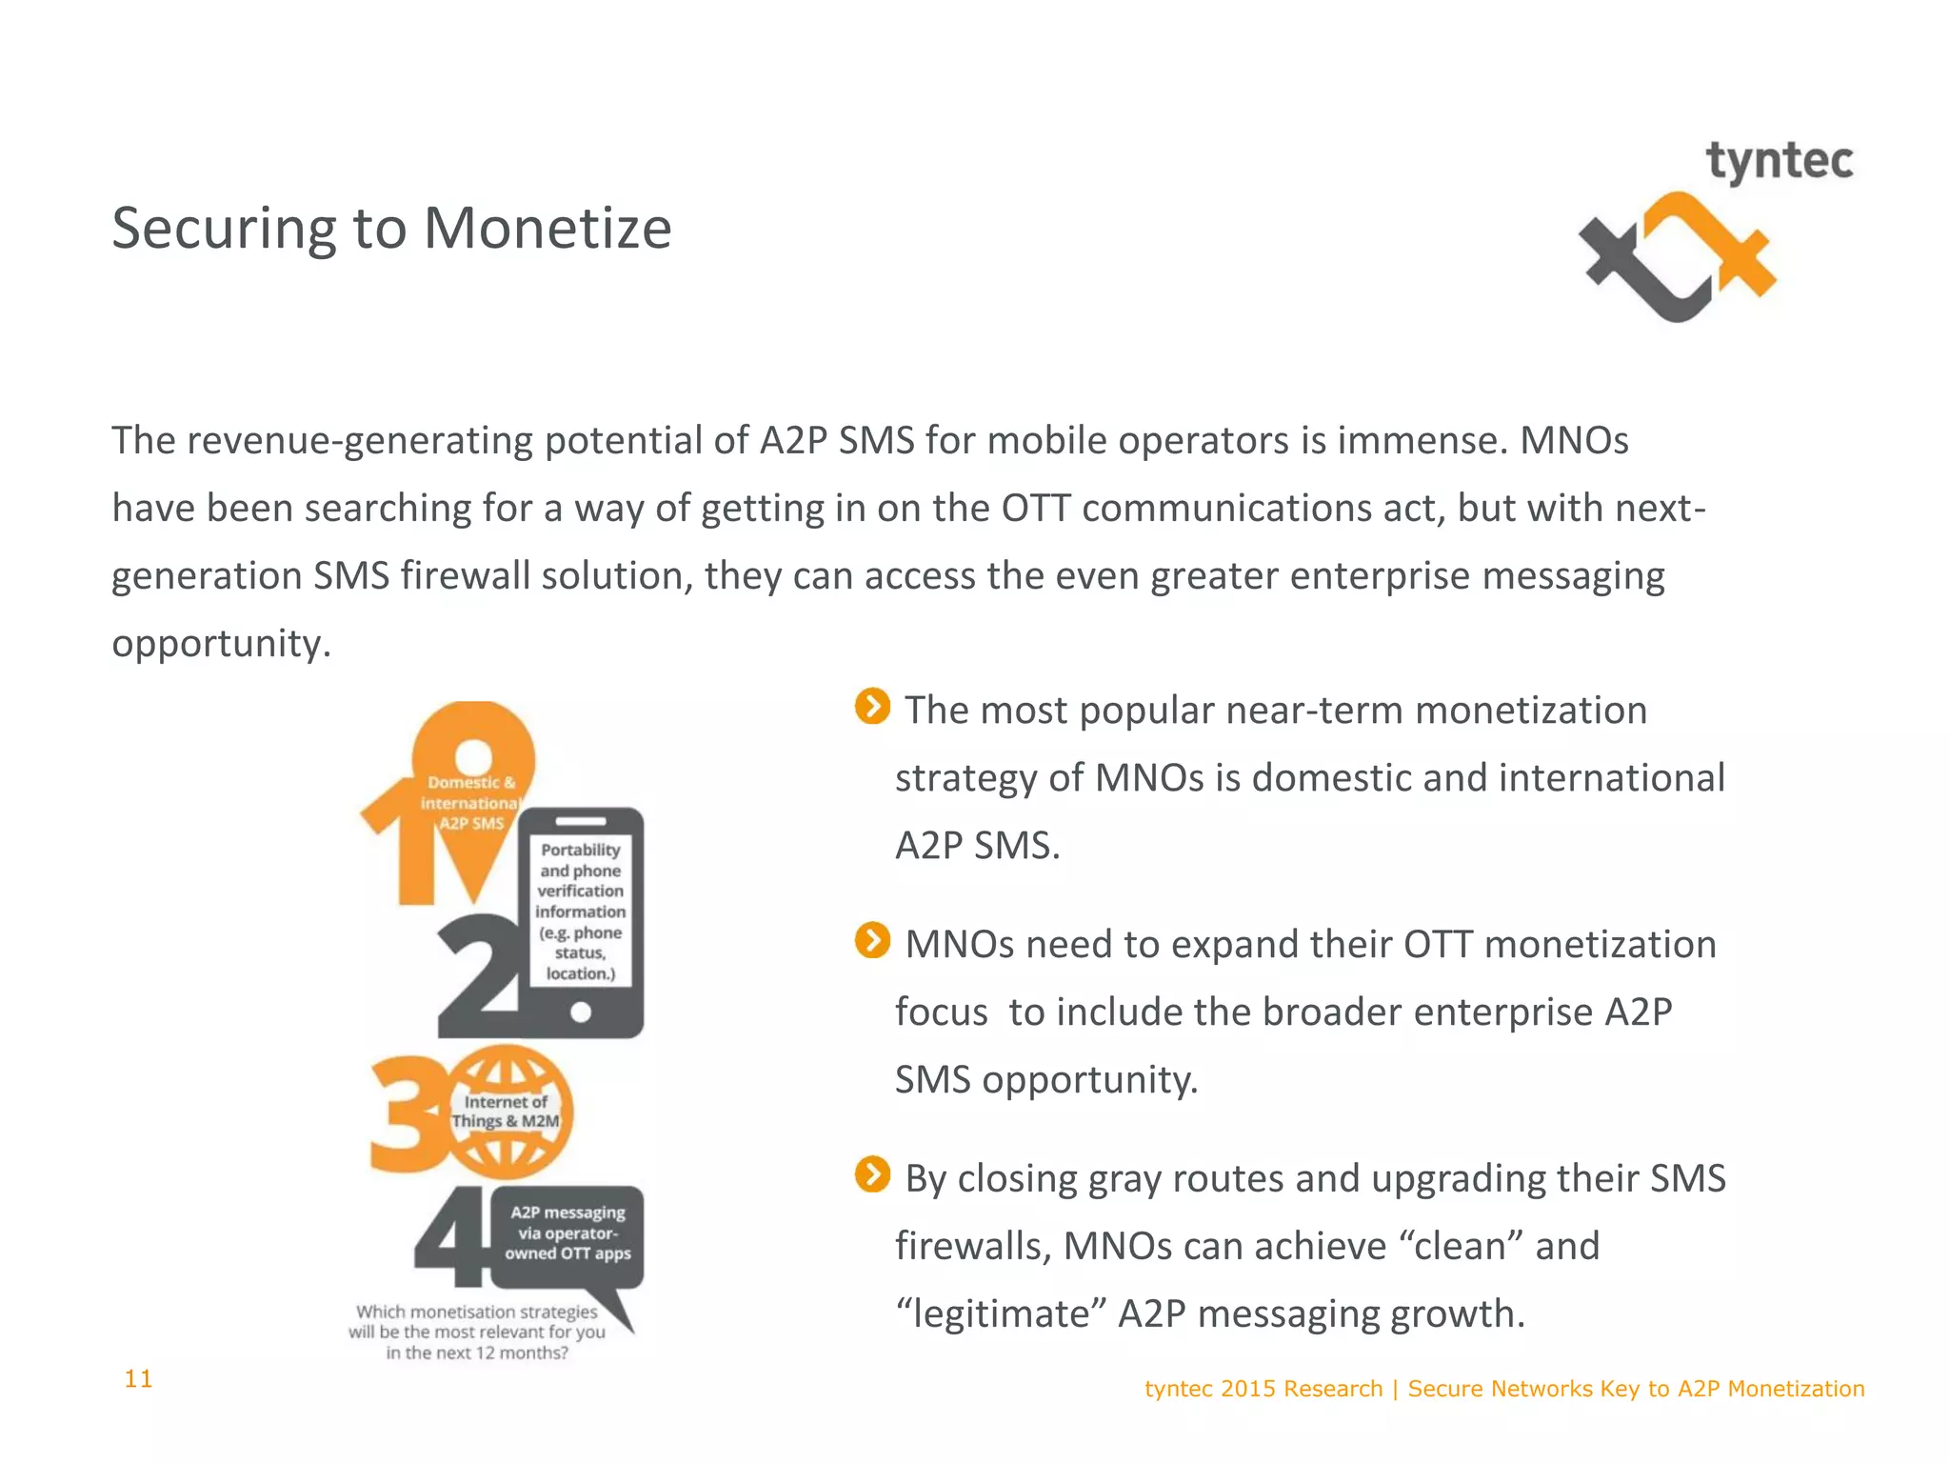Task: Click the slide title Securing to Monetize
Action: point(391,229)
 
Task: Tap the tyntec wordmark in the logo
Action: point(1779,162)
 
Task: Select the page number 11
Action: point(138,1378)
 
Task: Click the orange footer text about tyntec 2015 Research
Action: point(1503,1389)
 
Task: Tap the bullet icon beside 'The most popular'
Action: point(872,707)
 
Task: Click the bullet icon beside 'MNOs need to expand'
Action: point(872,941)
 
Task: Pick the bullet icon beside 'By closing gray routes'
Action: point(872,1174)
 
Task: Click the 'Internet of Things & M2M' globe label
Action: point(507,1112)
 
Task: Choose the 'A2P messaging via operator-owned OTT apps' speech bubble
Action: point(568,1233)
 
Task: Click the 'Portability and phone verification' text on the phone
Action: point(580,911)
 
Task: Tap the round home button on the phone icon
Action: point(580,1012)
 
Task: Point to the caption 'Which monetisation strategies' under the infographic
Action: point(477,1332)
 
